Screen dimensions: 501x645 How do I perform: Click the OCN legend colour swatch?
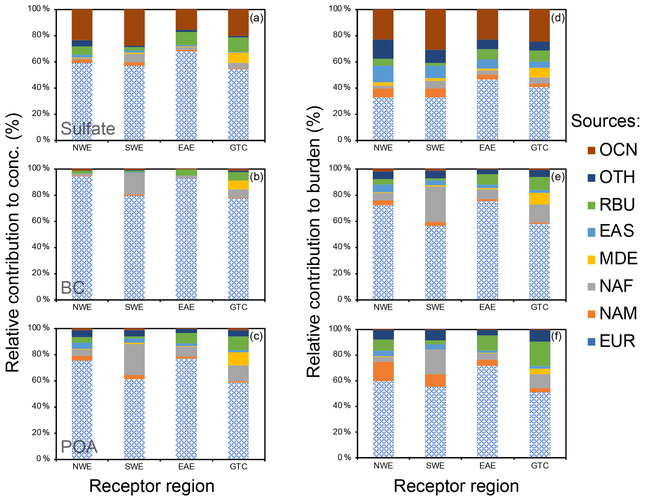point(591,151)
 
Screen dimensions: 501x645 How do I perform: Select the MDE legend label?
point(618,258)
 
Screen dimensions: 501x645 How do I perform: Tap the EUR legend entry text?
point(617,341)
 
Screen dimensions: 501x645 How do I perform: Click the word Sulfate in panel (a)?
point(88,129)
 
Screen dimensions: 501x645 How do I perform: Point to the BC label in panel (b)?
point(72,288)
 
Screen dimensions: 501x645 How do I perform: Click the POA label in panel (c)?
point(79,447)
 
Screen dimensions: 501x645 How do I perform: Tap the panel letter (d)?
point(557,18)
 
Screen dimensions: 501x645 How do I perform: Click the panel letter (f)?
point(556,336)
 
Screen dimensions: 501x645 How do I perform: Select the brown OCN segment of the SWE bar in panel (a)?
point(134,27)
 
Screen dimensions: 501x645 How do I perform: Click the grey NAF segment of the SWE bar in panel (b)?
point(134,184)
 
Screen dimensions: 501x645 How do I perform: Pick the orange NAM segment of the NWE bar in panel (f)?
point(383,371)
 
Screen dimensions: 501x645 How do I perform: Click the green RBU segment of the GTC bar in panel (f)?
point(540,354)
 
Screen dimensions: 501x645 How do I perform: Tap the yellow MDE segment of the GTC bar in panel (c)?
point(238,359)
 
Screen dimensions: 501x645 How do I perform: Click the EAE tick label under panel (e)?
point(487,307)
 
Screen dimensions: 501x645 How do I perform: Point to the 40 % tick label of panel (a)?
point(41,87)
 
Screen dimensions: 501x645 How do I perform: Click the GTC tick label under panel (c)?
point(238,466)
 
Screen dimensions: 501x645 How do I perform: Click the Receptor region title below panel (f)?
point(456,486)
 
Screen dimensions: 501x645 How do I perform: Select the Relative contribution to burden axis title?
point(314,242)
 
